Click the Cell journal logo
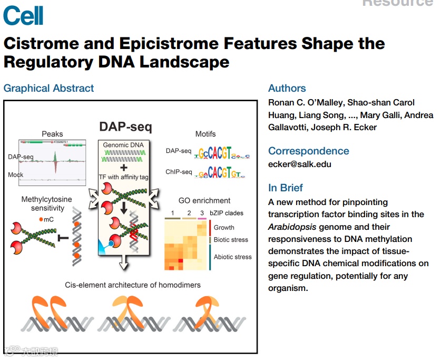23,16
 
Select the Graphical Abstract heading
48,89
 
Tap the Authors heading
287,89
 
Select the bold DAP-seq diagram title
125,127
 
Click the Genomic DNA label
123,144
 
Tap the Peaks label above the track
52,134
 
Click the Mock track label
16,174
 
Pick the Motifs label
205,134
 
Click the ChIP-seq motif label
179,172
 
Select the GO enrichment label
204,201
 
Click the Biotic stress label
231,240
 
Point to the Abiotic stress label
232,257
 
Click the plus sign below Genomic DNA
123,167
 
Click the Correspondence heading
308,151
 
